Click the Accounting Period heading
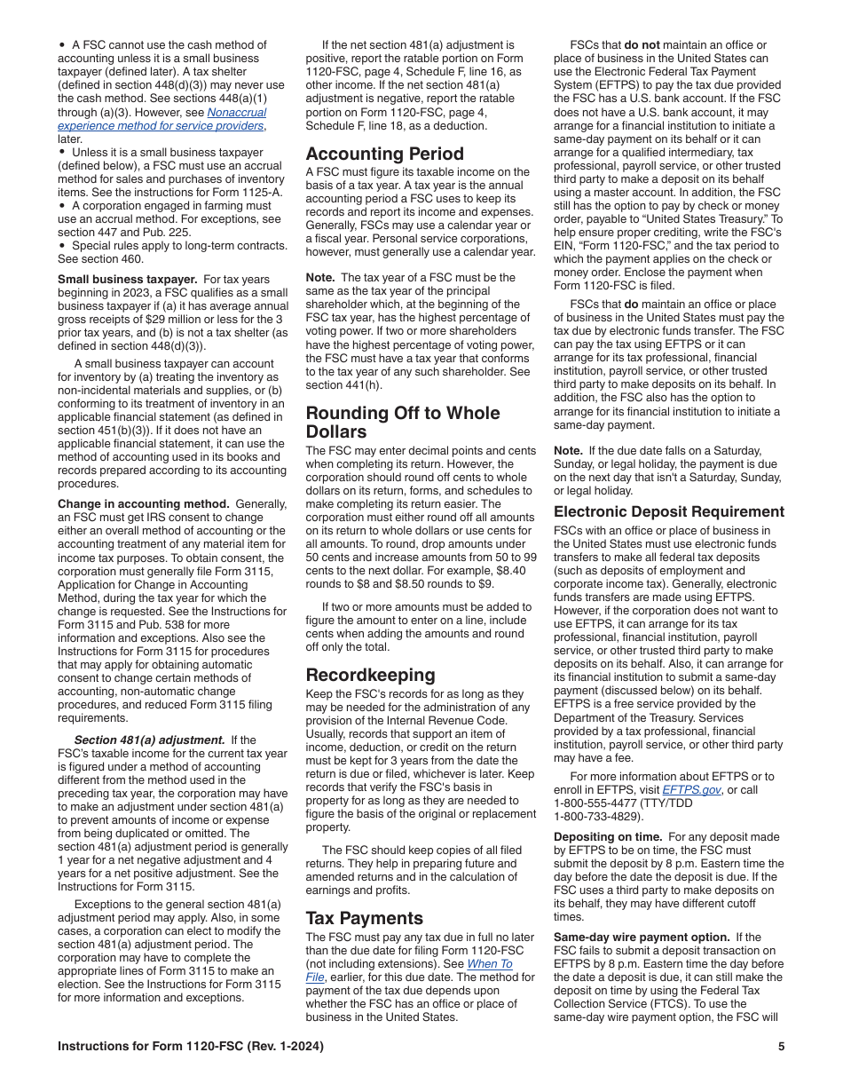click(384, 154)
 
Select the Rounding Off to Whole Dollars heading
click(403, 423)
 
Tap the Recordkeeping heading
click(371, 674)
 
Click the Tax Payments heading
click(365, 918)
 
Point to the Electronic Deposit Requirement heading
click(669, 511)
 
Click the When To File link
click(490, 964)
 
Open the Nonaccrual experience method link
click(236, 113)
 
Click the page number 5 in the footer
click(781, 1047)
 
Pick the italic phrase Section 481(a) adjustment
click(149, 740)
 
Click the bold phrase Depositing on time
click(608, 836)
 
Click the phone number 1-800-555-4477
click(600, 803)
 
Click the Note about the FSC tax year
click(323, 277)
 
